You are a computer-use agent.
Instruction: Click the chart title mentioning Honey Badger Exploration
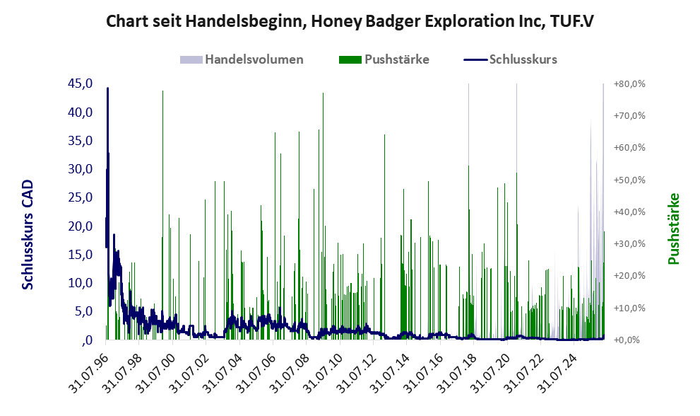click(350, 21)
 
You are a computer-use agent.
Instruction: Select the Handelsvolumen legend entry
click(242, 59)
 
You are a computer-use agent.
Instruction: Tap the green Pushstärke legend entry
click(384, 59)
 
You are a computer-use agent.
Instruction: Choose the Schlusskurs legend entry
click(510, 59)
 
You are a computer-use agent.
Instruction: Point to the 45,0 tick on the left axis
click(81, 83)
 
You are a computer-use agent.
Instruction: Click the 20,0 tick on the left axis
click(81, 226)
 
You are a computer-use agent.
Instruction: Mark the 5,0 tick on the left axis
click(83, 311)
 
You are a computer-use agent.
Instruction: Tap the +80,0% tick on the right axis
click(629, 84)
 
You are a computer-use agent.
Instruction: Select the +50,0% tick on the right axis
click(629, 180)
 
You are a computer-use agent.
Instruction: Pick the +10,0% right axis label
click(629, 308)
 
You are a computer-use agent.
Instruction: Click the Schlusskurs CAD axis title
click(28, 234)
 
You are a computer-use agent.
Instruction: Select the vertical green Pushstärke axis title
click(673, 229)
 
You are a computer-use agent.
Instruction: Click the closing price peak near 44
click(107, 88)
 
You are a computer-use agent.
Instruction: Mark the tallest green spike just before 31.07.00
click(162, 215)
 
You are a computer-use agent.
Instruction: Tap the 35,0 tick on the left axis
click(81, 141)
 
